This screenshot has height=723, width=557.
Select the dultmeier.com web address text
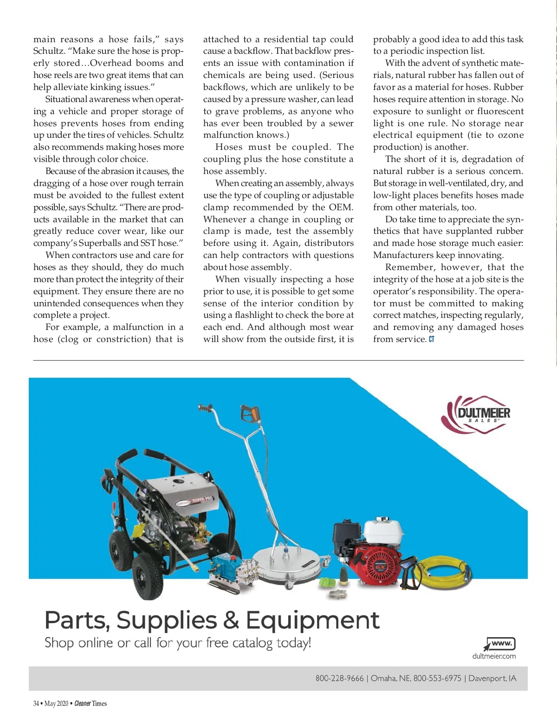pos(494,656)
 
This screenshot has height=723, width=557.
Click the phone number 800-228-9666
pos(339,678)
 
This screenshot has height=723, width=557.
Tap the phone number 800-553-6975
pos(437,678)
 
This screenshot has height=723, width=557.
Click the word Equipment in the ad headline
pos(312,620)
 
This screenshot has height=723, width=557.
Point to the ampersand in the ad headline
pos(231,620)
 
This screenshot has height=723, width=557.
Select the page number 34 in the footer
pos(36,704)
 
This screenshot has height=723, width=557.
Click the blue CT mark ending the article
pos(432,339)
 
